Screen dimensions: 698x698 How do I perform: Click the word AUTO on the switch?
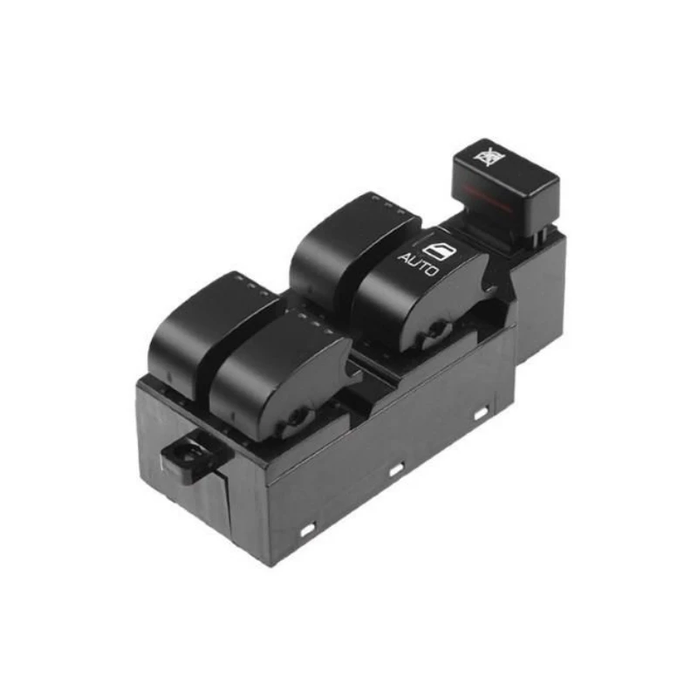(x=419, y=264)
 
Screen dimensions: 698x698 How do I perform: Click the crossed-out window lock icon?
(x=490, y=156)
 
